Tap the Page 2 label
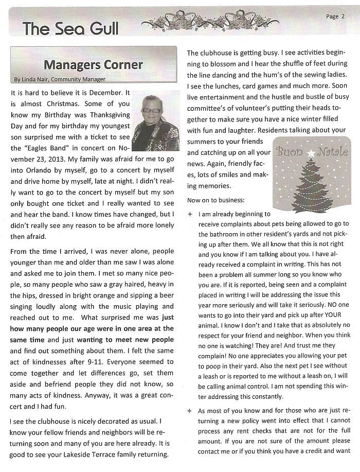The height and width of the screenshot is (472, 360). (x=335, y=16)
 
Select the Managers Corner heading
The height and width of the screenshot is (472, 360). (x=93, y=65)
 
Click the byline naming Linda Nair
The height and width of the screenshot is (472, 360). (x=60, y=79)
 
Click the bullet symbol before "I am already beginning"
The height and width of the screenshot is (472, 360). (x=191, y=213)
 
